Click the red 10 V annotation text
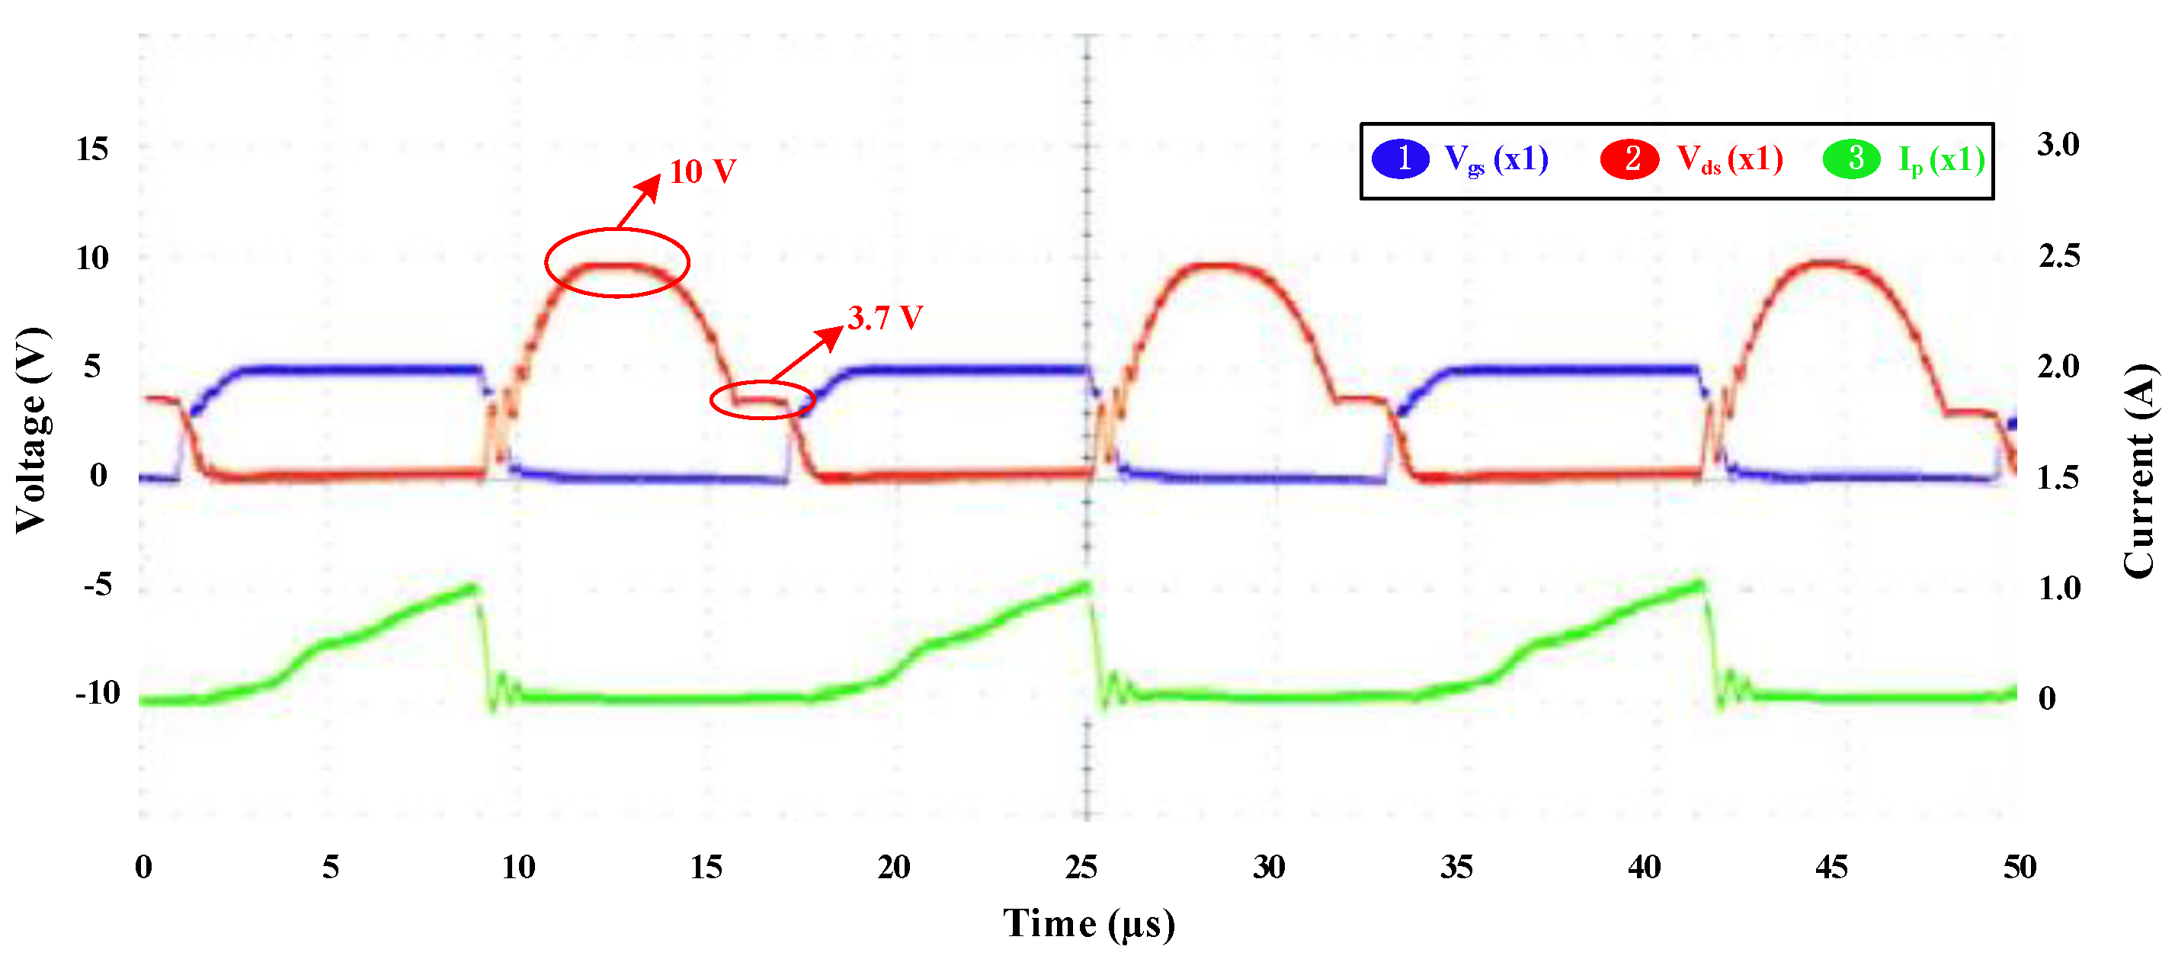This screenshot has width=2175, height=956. coord(702,172)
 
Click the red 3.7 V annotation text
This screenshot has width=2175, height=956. coord(884,318)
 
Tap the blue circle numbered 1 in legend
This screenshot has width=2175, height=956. coord(1400,159)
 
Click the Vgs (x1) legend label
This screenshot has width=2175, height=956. coord(1495,159)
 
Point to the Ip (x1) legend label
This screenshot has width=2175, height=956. coord(1941,159)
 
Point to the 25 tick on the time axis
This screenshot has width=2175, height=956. coord(1081,867)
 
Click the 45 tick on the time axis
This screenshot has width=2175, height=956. coord(1831,867)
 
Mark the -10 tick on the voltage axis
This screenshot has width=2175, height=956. coord(98,692)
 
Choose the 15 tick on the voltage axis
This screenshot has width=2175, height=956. coord(92,149)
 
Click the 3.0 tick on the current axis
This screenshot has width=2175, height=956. coord(2058,143)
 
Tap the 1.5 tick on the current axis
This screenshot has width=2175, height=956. coord(2058,477)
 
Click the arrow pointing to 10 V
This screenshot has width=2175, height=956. coord(639,201)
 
